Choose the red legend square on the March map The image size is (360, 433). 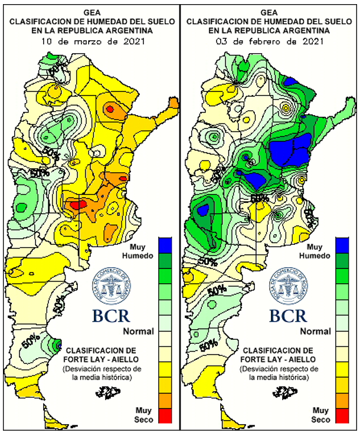[165, 416]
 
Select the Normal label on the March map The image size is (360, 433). [139, 332]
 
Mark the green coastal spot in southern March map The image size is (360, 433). [57, 343]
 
